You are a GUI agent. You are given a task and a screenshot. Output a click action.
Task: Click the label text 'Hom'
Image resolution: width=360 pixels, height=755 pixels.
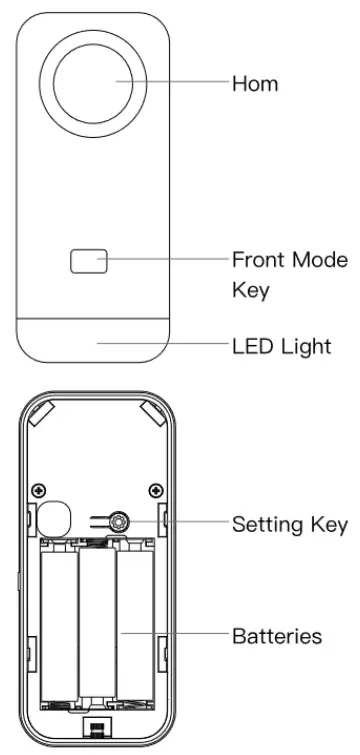pyautogui.click(x=254, y=84)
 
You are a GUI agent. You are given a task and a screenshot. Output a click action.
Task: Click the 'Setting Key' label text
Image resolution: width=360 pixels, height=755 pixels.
pyautogui.click(x=289, y=523)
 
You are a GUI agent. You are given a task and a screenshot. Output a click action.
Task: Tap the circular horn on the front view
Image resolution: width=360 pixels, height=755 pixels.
pyautogui.click(x=98, y=82)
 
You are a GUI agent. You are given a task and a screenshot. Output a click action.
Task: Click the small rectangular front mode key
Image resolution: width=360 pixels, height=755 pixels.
pyautogui.click(x=88, y=261)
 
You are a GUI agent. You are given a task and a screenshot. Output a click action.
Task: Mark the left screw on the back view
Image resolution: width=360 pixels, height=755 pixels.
pyautogui.click(x=38, y=489)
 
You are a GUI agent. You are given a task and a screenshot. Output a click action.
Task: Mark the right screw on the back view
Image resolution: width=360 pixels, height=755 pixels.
pyautogui.click(x=155, y=489)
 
